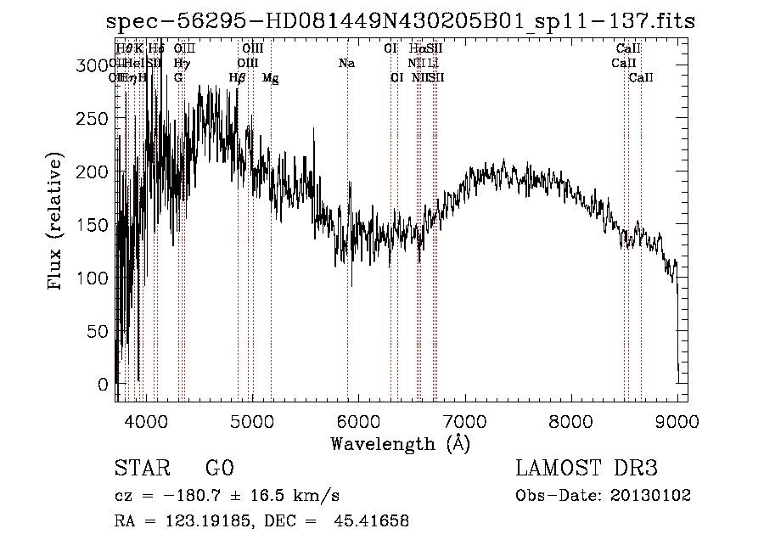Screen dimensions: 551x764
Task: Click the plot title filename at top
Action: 401,22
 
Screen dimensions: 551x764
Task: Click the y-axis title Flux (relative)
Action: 57,223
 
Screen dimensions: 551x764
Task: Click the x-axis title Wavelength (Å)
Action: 400,443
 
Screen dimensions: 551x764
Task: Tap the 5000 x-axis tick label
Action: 252,420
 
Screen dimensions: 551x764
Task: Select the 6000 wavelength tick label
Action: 358,420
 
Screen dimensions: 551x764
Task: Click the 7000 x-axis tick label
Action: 464,420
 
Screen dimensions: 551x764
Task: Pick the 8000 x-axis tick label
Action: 570,420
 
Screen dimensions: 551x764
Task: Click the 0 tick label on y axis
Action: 103,385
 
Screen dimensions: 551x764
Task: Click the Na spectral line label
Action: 346,64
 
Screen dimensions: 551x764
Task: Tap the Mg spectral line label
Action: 271,78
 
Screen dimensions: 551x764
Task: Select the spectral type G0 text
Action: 218,469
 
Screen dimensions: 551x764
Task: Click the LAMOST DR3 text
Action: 587,469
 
